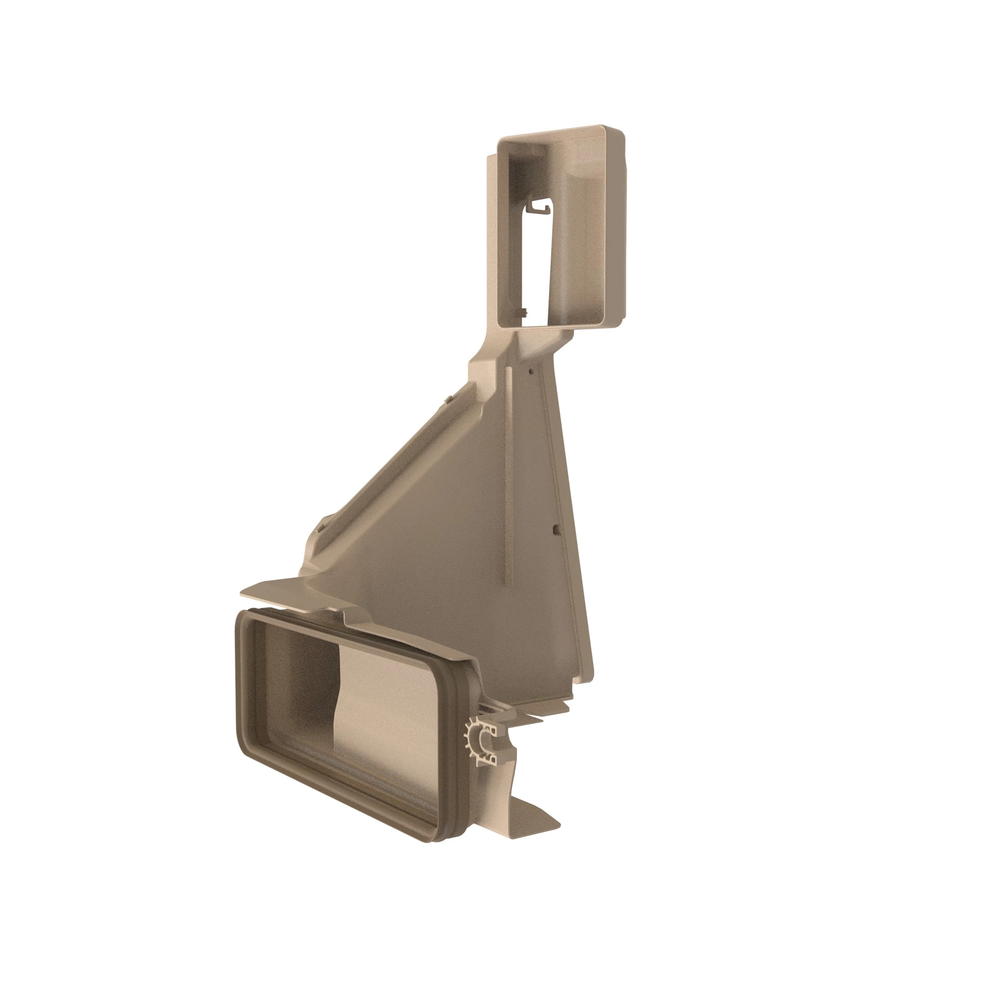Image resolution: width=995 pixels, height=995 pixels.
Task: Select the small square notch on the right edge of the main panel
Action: [555, 528]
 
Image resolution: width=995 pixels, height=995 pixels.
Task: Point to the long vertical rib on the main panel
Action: [508, 474]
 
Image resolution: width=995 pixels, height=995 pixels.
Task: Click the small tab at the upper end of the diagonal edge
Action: [449, 398]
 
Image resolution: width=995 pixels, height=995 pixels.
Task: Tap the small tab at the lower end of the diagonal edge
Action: [320, 527]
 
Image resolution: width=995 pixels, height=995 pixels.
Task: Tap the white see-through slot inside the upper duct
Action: [536, 258]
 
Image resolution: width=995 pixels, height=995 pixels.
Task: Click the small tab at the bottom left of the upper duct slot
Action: [524, 312]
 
